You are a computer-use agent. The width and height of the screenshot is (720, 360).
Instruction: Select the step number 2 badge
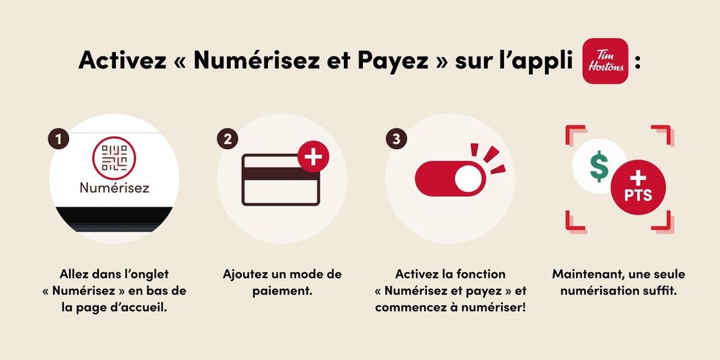(226, 138)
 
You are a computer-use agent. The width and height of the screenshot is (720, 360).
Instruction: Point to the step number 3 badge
(395, 138)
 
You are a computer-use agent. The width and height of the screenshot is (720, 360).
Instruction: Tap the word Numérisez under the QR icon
(114, 188)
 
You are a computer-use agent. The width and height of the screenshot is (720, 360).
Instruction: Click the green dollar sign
(599, 168)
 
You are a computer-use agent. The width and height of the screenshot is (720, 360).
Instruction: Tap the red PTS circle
(636, 187)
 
